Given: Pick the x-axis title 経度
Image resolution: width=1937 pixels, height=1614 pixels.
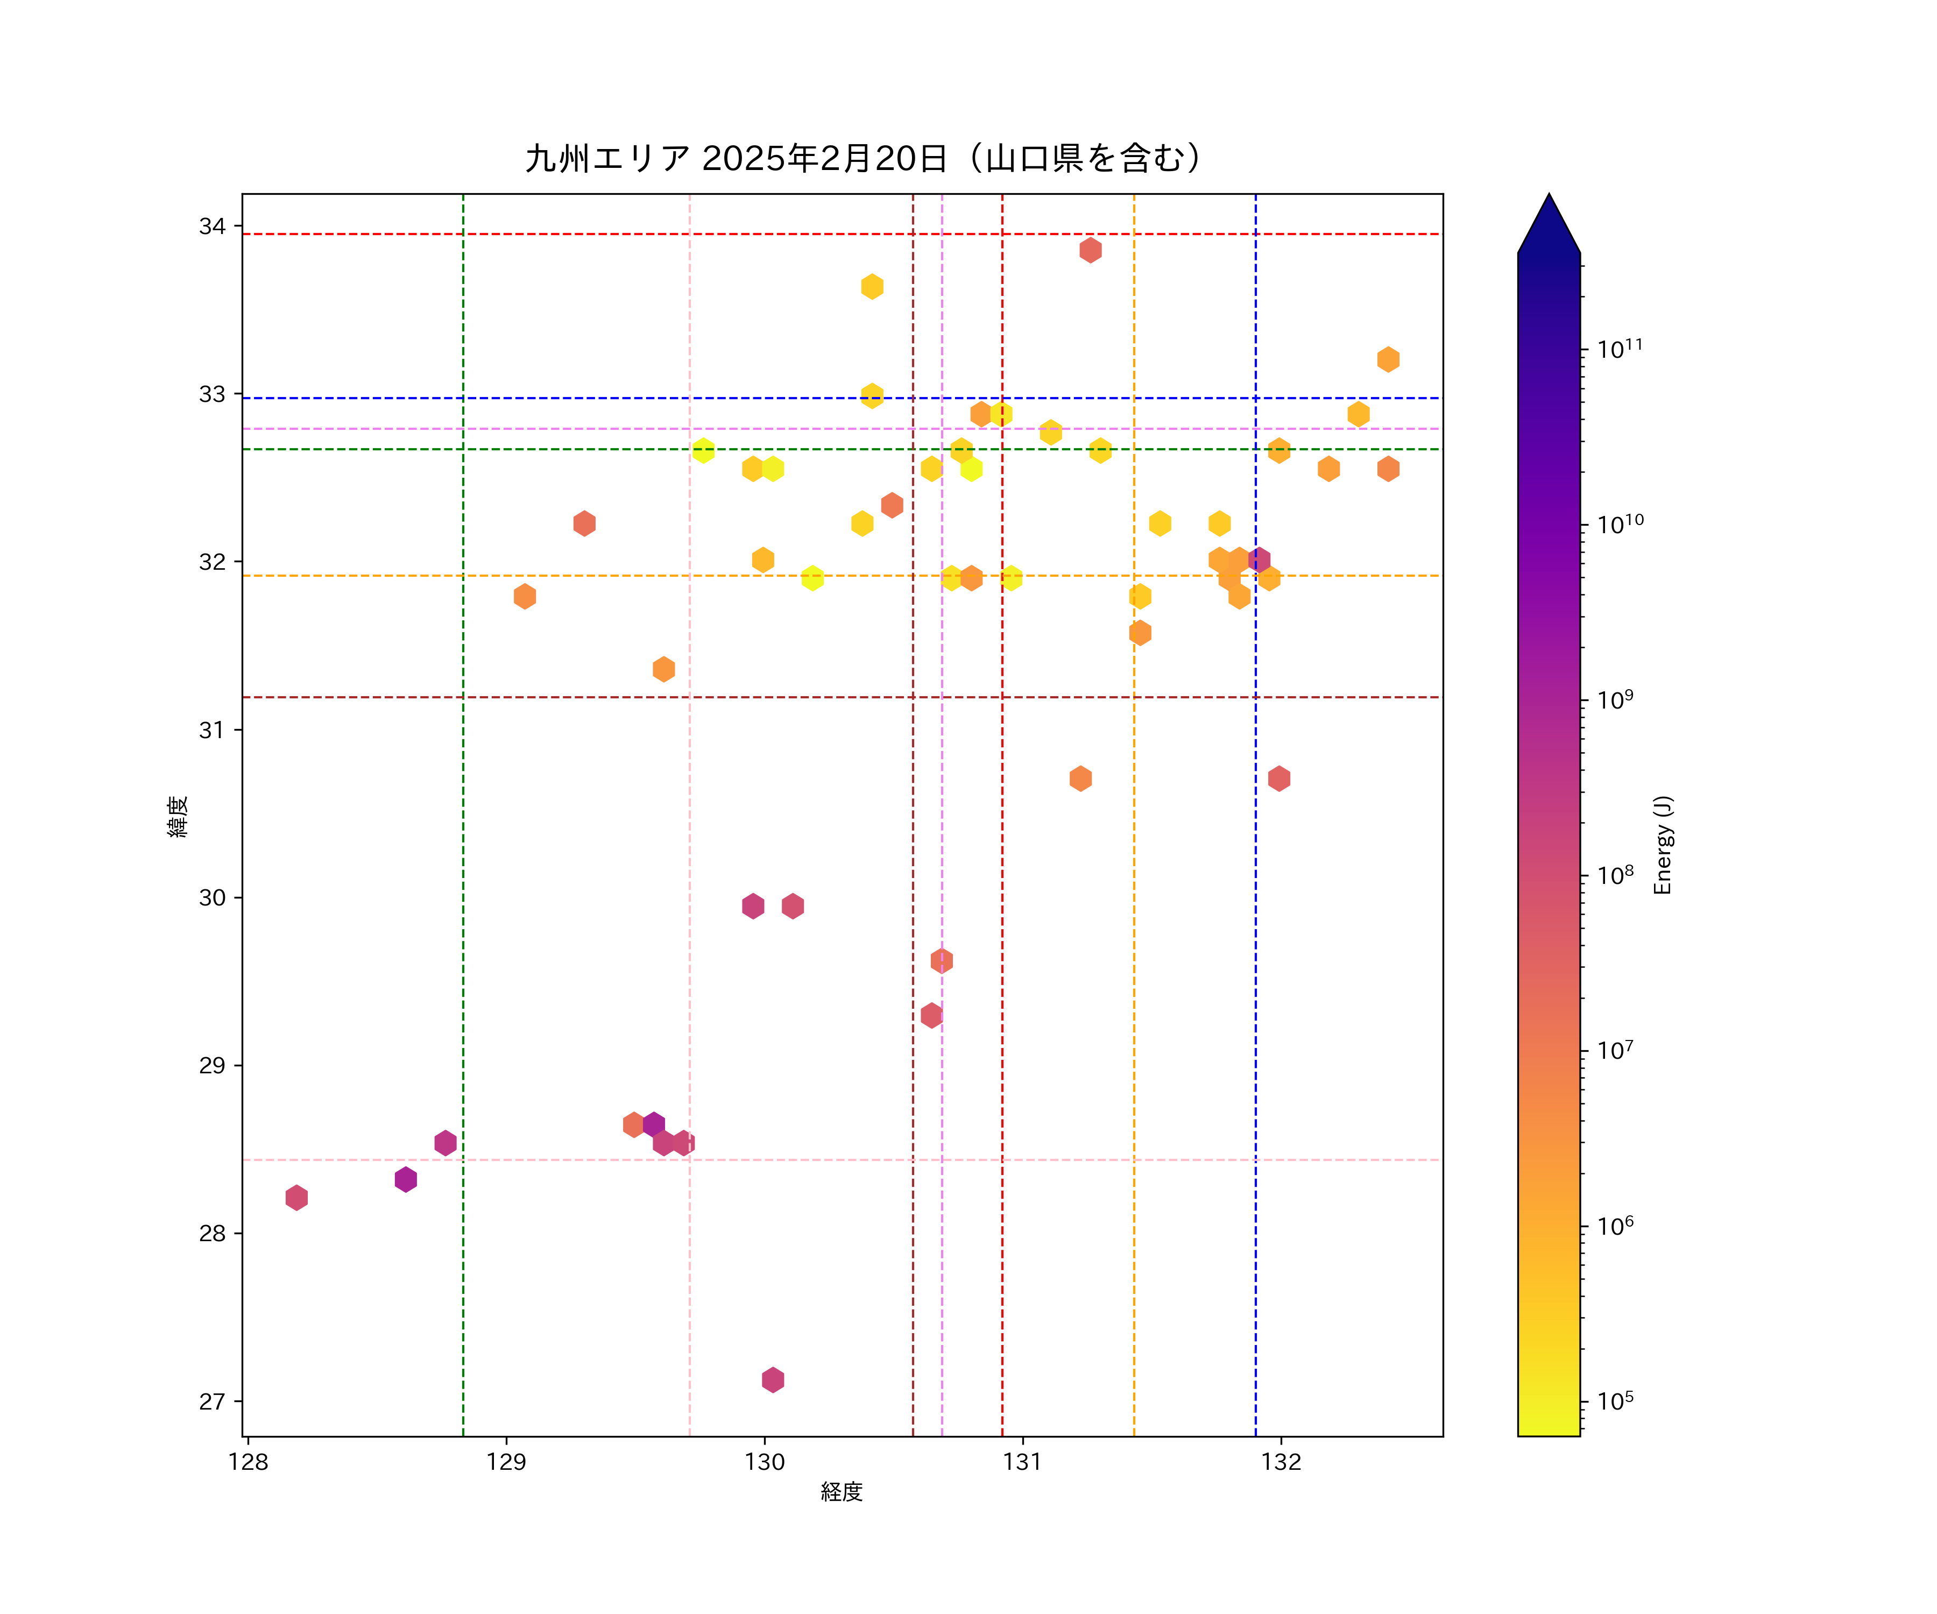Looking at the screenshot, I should tap(841, 1492).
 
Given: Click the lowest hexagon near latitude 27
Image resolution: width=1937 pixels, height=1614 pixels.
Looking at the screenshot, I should tap(773, 1380).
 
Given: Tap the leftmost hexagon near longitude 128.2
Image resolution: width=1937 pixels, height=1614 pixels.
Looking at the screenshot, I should tap(296, 1198).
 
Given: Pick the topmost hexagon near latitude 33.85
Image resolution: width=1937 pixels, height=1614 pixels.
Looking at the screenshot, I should tap(1090, 250).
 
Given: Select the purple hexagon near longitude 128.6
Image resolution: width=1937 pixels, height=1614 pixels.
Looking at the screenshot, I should tap(406, 1180).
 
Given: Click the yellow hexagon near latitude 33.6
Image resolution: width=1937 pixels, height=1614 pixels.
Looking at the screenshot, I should tap(872, 287).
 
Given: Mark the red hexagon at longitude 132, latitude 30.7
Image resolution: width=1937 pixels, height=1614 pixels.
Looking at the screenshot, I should tap(1278, 778).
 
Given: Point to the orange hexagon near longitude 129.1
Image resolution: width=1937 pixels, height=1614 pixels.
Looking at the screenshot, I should tap(525, 597).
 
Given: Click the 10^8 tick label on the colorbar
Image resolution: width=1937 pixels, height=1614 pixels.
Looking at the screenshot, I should tap(1615, 874).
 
